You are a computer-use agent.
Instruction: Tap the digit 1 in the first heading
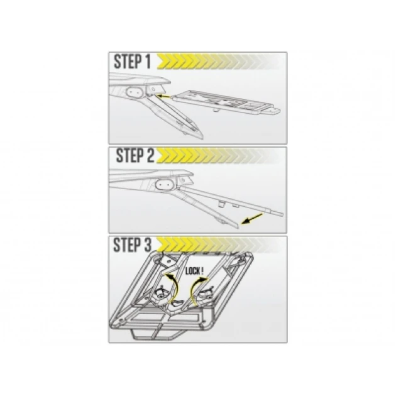pos(148,62)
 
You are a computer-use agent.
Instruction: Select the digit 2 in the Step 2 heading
pos(150,155)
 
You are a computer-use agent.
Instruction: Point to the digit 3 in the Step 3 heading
pos(148,245)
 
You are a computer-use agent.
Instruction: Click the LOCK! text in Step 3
pos(194,272)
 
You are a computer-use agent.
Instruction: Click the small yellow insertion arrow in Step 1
pos(163,96)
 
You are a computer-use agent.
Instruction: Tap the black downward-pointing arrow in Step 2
pos(252,219)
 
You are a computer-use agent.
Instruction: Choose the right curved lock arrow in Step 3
pos(197,289)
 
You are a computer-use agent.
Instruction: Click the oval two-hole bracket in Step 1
pos(134,92)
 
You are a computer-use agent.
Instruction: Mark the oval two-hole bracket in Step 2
pos(164,185)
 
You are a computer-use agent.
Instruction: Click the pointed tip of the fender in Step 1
pos(202,138)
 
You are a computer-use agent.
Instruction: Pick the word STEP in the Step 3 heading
pos(127,245)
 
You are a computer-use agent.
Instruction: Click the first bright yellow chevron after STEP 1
pos(164,62)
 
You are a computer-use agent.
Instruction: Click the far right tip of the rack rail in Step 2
pos(282,214)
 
